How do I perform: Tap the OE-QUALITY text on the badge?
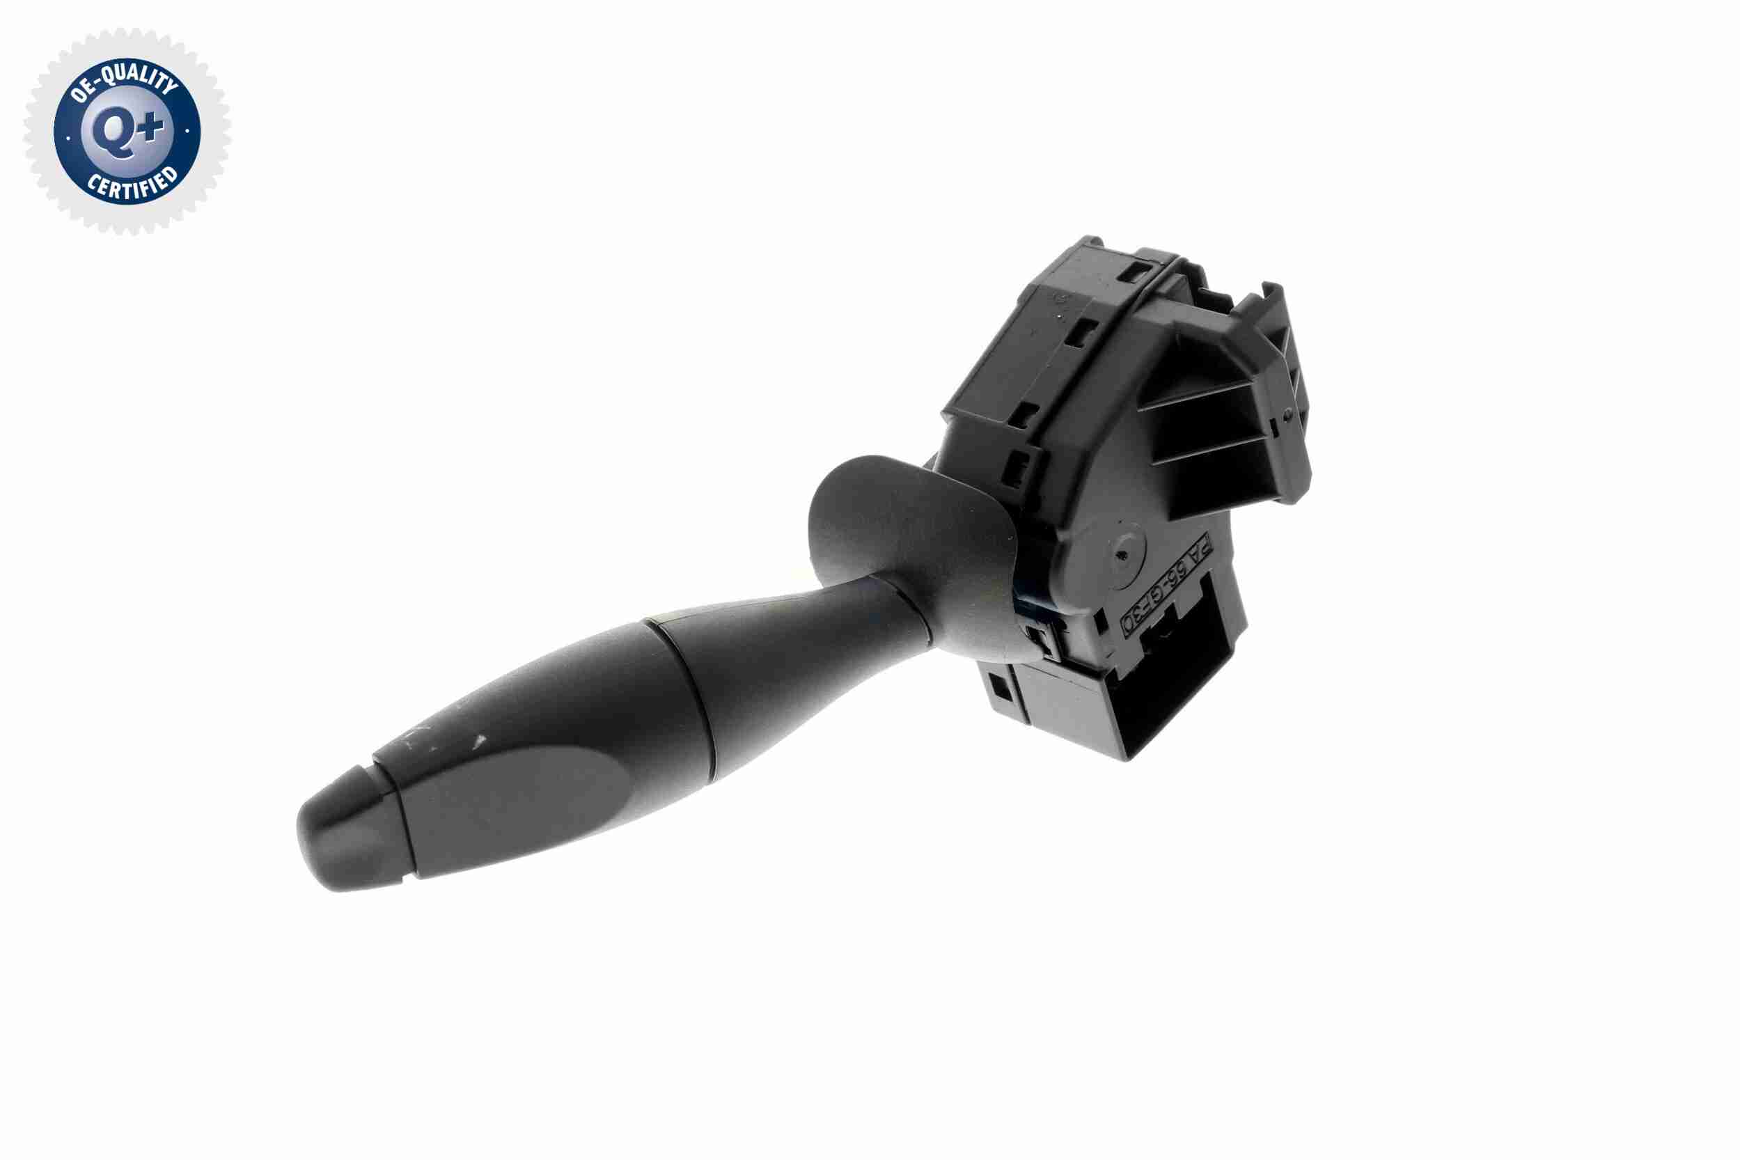click(x=126, y=84)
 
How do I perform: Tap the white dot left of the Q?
click(x=68, y=138)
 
